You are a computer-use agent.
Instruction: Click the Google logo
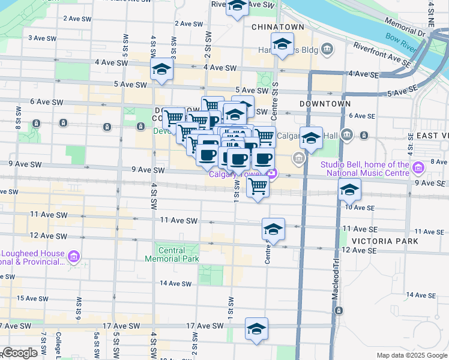pyautogui.click(x=20, y=353)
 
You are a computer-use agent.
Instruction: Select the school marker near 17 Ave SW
pyautogui.click(x=256, y=329)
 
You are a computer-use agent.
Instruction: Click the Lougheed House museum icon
pyautogui.click(x=74, y=257)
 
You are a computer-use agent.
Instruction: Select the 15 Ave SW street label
pyautogui.click(x=32, y=298)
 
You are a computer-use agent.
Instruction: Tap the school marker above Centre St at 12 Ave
pyautogui.click(x=273, y=229)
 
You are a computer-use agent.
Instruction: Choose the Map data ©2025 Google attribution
pyautogui.click(x=411, y=355)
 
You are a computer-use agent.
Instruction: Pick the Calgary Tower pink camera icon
pyautogui.click(x=273, y=174)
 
